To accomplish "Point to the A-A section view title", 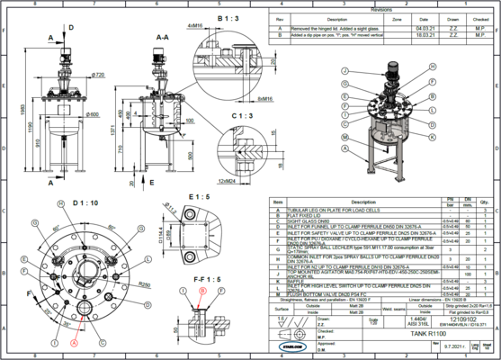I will (x=163, y=37).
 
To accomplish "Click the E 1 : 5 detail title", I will (x=198, y=195).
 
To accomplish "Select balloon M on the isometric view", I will (x=345, y=135).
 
